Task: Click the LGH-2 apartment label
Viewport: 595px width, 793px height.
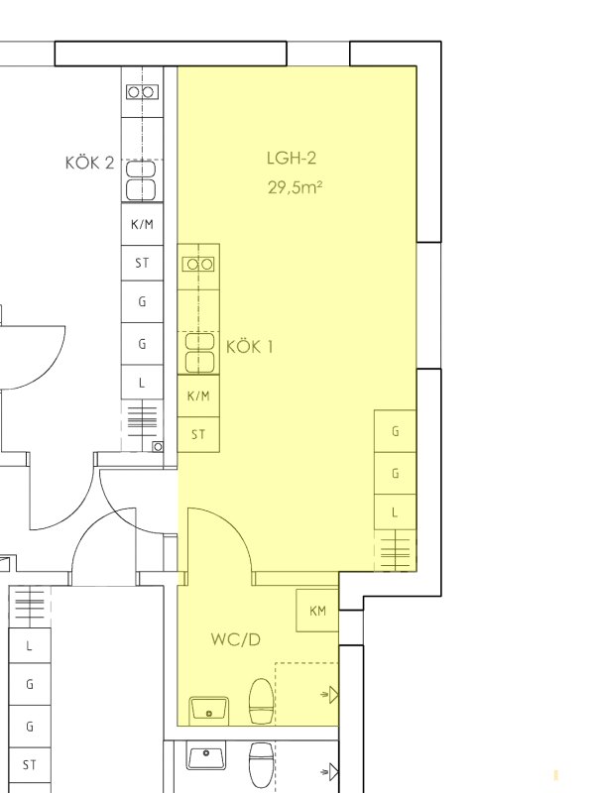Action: click(292, 159)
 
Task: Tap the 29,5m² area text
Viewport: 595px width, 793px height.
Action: click(295, 187)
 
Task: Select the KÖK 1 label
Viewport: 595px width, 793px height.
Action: click(250, 347)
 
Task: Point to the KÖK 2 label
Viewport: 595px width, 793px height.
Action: click(89, 163)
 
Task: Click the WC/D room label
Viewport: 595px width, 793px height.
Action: click(236, 639)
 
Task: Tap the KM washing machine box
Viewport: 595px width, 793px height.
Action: click(317, 611)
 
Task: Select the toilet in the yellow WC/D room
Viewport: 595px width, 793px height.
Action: click(261, 702)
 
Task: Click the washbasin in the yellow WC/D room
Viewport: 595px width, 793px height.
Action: click(209, 711)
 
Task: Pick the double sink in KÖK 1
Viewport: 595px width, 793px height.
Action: click(199, 353)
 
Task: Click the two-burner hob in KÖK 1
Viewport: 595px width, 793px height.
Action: click(198, 264)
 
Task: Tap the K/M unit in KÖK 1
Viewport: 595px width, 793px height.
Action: click(198, 396)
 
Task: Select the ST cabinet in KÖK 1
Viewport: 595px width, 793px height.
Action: click(198, 434)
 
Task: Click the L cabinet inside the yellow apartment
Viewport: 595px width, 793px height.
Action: click(395, 512)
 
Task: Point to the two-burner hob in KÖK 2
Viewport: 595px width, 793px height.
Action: click(142, 92)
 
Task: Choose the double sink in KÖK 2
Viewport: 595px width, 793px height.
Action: click(141, 180)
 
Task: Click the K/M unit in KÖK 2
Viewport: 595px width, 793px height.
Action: click(142, 224)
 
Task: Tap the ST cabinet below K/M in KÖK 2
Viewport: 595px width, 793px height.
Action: click(142, 263)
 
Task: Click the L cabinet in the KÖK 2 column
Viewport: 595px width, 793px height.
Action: click(142, 383)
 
